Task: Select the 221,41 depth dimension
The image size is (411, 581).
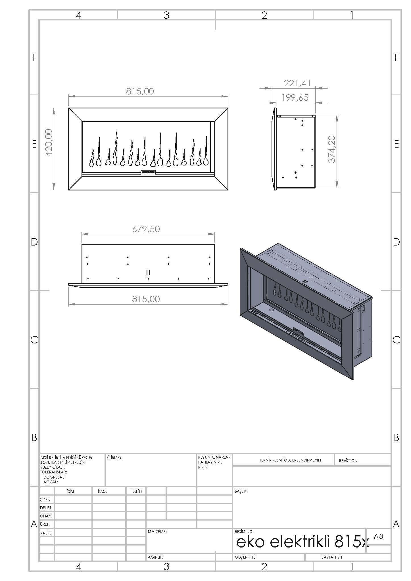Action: pos(297,83)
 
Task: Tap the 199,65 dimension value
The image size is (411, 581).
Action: pos(295,98)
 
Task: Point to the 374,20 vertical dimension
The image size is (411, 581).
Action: pos(332,149)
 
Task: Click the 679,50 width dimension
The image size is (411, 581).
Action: pos(146,229)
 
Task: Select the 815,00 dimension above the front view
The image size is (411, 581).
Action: pos(140,91)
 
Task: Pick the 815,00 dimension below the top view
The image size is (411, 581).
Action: pos(146,299)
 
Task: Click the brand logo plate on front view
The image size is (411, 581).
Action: pos(148,172)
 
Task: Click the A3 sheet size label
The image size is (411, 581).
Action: pos(378,536)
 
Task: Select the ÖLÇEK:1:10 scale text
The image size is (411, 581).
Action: pos(245,557)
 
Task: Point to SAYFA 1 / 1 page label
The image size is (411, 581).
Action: pos(332,557)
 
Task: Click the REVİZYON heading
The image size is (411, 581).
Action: pos(348,460)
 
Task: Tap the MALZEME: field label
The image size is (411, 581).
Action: pos(157,532)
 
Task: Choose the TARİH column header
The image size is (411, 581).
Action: pos(136,491)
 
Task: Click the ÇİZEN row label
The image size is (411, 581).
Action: pos(45,500)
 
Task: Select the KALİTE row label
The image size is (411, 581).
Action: pos(46,533)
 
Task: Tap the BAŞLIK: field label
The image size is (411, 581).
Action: pos(241,491)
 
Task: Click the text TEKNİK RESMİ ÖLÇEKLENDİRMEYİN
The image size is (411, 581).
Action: pos(290,460)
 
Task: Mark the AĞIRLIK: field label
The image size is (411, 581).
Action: pos(155,557)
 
